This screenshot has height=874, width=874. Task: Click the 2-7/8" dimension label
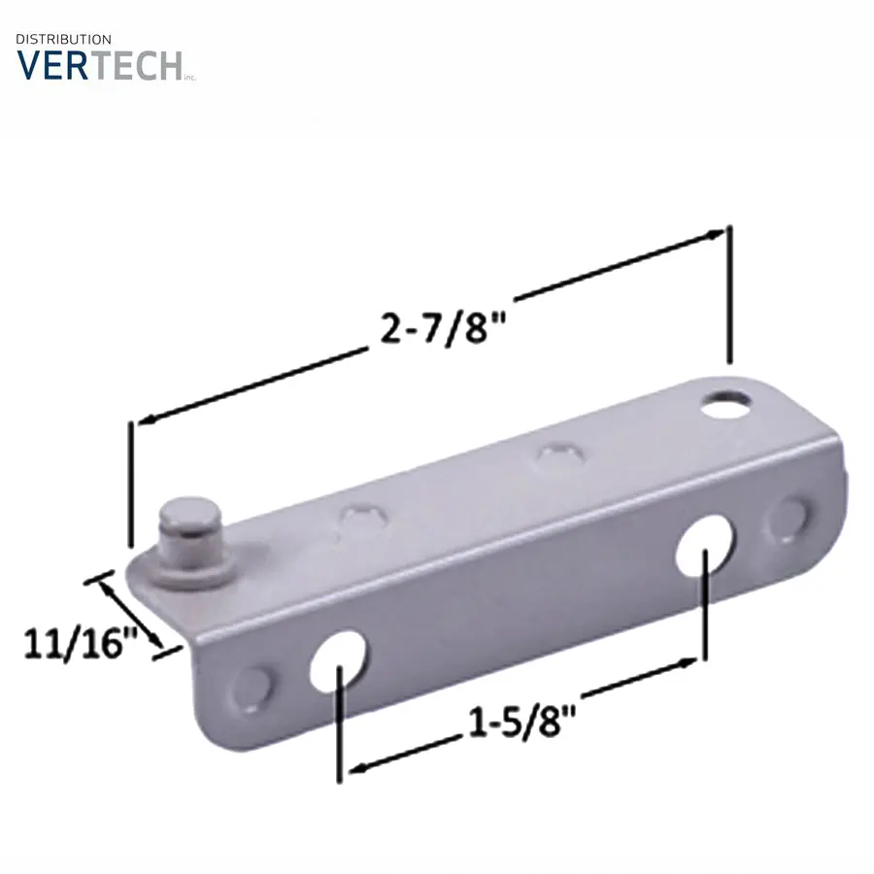(x=443, y=328)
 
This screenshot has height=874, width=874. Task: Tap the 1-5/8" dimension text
(x=521, y=723)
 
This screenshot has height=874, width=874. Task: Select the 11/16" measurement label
(x=81, y=645)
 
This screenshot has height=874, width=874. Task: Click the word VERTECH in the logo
(x=100, y=65)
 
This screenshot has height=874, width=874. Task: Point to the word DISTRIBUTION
(x=63, y=39)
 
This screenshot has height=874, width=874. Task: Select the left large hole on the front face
(x=338, y=660)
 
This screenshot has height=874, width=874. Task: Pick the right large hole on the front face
(x=704, y=546)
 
